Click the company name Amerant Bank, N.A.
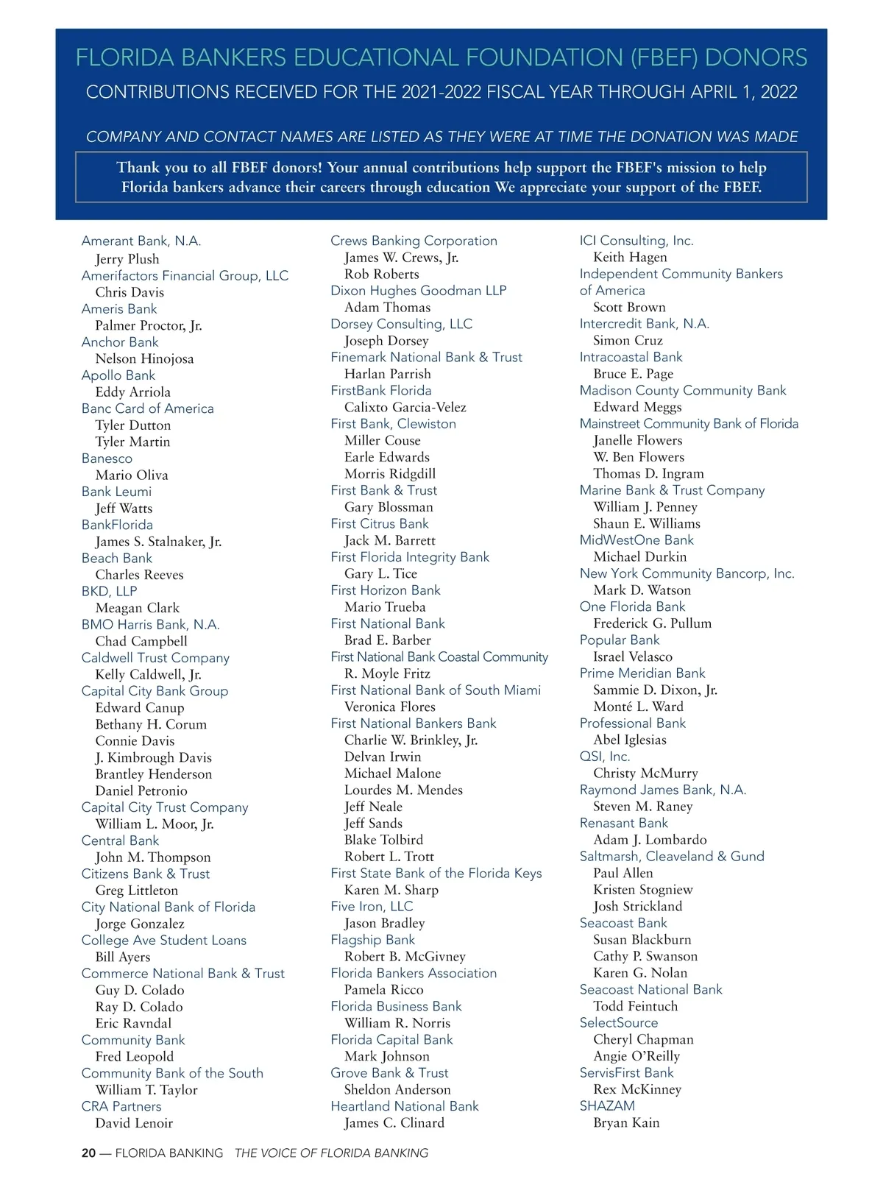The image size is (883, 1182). tap(141, 241)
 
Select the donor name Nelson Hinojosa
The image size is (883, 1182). tap(144, 359)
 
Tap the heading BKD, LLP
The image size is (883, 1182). tap(109, 591)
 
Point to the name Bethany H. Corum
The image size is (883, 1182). tap(151, 724)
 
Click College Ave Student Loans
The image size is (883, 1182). tap(163, 940)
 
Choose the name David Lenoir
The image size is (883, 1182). tap(134, 1123)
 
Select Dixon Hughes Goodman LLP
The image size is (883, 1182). tap(418, 291)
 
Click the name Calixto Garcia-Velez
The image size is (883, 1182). tap(405, 407)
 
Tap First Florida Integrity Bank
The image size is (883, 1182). tap(409, 557)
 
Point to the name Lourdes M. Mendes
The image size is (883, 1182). tap(403, 790)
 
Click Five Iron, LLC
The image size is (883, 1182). tap(372, 906)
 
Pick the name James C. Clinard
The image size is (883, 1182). tap(394, 1123)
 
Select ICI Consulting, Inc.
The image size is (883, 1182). tap(636, 241)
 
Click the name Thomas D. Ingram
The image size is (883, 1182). tap(648, 473)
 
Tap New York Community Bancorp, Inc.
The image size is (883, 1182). tap(687, 573)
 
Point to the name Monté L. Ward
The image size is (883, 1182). tap(638, 707)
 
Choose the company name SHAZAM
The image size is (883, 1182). tap(606, 1105)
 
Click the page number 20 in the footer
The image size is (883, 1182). tap(88, 1153)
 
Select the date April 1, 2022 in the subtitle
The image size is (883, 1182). tap(744, 92)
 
